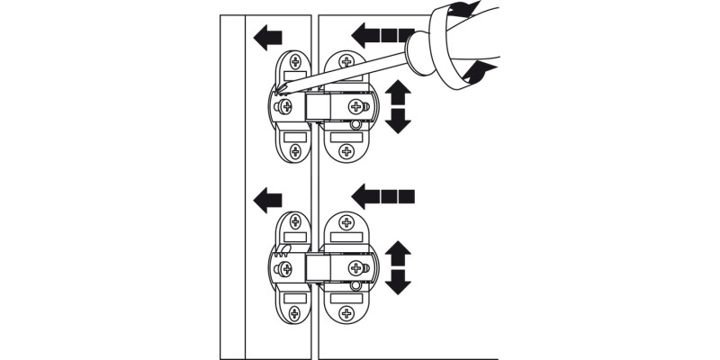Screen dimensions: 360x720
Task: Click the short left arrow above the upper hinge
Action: coord(268,38)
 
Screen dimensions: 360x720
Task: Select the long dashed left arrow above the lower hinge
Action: coord(382,193)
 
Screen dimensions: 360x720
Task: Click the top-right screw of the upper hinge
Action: coord(346,64)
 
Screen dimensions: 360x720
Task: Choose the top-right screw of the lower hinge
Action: coord(346,224)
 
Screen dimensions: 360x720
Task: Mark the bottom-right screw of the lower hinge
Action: coord(346,310)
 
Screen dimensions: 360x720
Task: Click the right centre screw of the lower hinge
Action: coord(355,267)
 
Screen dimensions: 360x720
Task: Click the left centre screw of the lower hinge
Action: coord(286,267)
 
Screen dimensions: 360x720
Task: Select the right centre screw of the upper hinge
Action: coord(355,107)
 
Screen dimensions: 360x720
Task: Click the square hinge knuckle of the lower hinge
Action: coord(318,268)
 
